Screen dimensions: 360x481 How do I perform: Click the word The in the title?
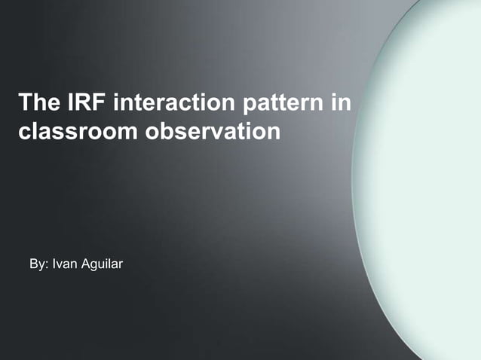click(x=38, y=102)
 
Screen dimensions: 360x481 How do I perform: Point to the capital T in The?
click(x=24, y=102)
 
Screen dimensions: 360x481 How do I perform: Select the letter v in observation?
click(x=215, y=132)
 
